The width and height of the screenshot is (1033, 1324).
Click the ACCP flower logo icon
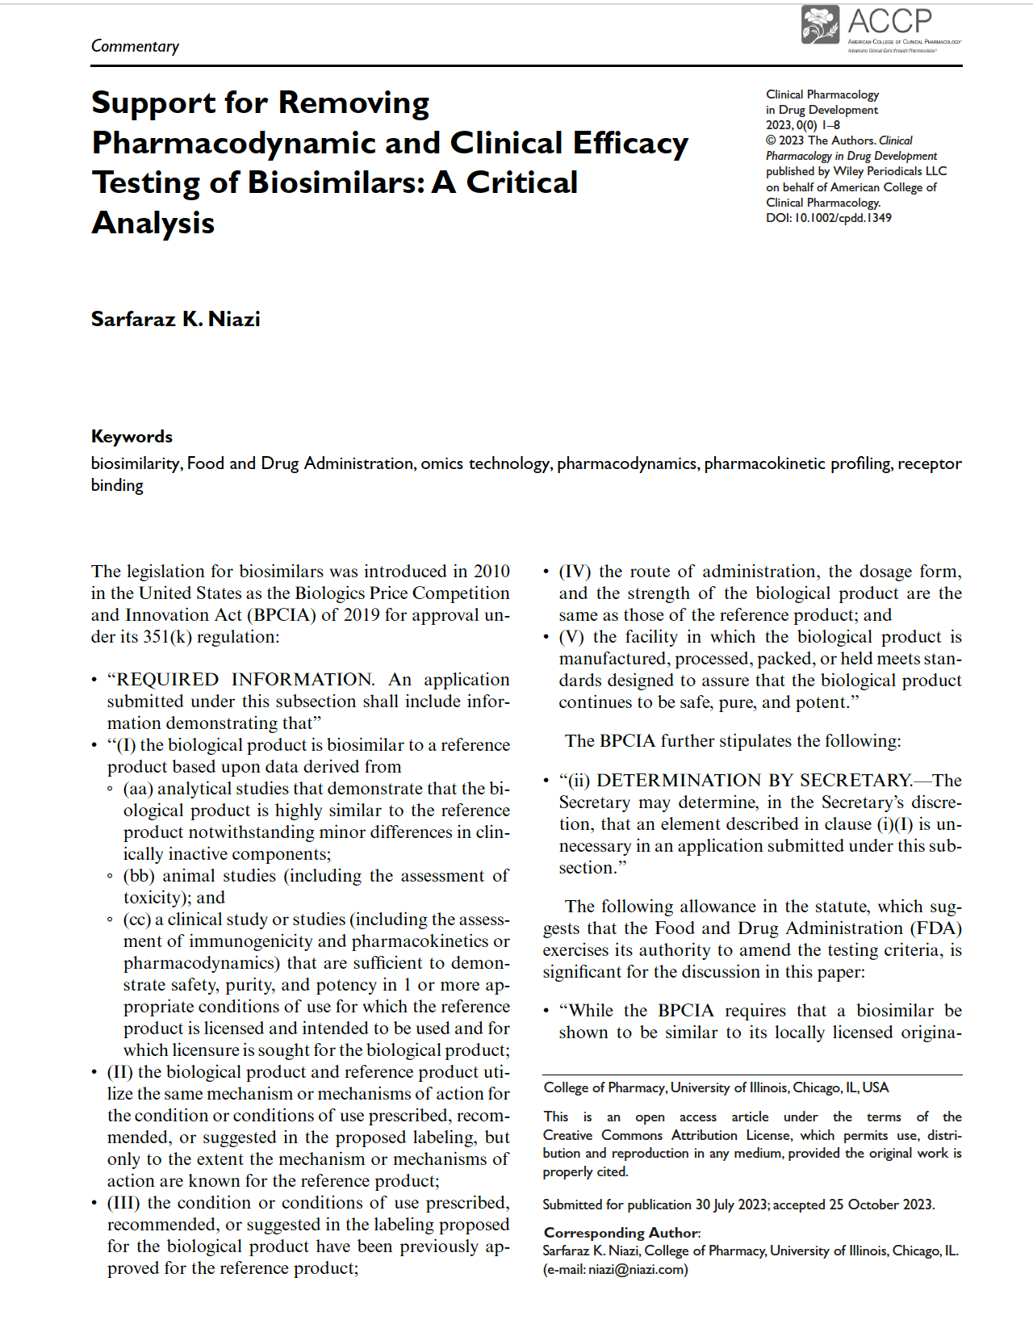point(820,24)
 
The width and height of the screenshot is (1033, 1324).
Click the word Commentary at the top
point(135,46)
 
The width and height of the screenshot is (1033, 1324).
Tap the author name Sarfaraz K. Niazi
point(175,319)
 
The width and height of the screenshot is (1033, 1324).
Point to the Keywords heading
point(132,437)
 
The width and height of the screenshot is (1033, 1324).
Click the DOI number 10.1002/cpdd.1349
point(843,218)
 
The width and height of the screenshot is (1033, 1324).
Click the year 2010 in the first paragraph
point(491,572)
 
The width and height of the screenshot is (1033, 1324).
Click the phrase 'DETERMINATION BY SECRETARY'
point(754,781)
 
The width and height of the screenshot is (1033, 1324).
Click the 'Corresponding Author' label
point(621,1233)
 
